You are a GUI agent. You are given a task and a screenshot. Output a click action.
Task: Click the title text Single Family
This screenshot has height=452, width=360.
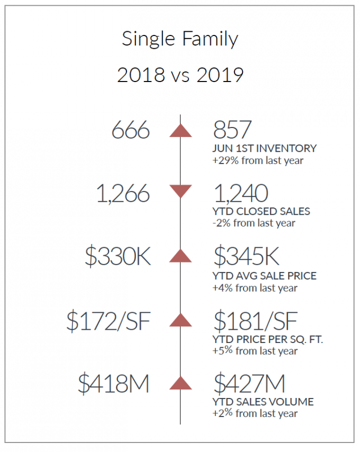180,39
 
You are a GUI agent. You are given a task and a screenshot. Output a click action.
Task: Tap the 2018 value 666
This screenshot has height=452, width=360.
131,130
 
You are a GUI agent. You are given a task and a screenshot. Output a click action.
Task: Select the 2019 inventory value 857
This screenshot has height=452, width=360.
232,130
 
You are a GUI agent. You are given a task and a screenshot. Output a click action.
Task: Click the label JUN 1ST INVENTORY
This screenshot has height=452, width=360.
264,148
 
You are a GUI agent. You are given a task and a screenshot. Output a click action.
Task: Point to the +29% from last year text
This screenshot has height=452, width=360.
258,160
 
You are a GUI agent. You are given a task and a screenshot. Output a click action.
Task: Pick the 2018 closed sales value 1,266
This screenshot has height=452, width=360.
123,193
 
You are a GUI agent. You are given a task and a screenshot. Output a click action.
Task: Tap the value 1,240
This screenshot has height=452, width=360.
241,193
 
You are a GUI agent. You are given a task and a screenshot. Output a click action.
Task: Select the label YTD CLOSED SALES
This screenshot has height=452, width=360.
261,212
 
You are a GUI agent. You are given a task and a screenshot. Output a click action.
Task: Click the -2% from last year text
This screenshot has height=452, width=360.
254,223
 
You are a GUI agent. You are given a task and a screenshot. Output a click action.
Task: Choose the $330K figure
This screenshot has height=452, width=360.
118,256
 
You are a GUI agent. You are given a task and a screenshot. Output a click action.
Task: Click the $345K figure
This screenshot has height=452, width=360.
246,256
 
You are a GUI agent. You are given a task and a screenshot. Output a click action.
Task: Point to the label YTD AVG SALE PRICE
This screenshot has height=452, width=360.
264,276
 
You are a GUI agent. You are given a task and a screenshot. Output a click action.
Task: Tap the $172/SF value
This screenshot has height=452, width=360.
109,321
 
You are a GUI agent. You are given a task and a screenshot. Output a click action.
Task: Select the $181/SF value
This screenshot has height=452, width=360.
255,321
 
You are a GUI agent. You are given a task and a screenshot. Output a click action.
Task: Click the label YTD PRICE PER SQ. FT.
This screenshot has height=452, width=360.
268,340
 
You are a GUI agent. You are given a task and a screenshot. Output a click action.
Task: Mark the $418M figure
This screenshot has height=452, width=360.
114,383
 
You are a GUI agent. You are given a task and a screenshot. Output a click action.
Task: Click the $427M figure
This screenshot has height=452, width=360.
249,383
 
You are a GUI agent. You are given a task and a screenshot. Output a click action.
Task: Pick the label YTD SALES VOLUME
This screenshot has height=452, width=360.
263,402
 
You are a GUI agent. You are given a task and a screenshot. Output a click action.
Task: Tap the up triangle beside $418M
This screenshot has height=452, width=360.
181,383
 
